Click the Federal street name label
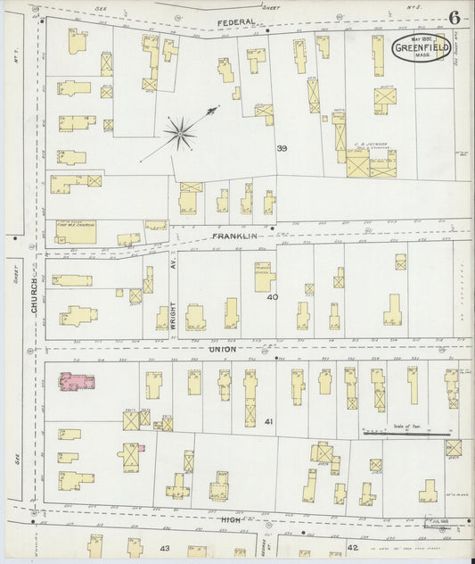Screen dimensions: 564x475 235,21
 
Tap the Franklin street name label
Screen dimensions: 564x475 234,236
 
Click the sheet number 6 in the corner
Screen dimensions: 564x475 455,18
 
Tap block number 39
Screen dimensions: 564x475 282,148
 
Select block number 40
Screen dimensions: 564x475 274,297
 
